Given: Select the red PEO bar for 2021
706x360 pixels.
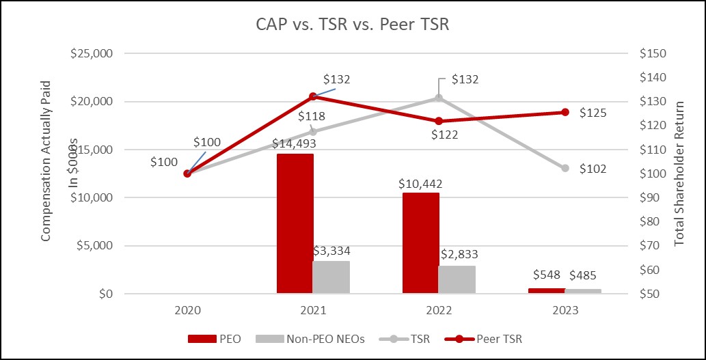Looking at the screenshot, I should tap(295, 223).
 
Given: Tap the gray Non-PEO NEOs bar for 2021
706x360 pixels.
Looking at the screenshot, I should tap(331, 277).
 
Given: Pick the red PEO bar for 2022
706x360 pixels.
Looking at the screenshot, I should tap(421, 243).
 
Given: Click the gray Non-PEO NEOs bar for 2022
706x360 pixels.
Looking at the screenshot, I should tap(457, 279).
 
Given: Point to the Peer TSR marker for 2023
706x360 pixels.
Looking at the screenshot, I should tap(565, 112).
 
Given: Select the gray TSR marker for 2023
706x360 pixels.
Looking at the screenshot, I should tap(565, 168).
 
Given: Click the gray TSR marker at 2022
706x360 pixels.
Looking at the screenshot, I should tap(439, 98).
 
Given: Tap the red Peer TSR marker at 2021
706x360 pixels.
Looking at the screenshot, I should tap(313, 96).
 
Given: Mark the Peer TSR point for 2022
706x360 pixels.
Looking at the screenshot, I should tap(439, 121).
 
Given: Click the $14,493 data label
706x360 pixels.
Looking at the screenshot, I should tap(295, 144).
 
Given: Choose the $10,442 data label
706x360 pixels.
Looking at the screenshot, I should tap(420, 184).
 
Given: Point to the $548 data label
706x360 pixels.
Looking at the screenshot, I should tap(547, 276).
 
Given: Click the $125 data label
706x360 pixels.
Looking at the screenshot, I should tap(593, 113).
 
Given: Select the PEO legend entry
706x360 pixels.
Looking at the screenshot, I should tap(213, 338).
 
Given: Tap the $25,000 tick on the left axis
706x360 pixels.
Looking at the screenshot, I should tap(94, 53).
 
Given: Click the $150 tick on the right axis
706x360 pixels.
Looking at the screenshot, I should tap(651, 53).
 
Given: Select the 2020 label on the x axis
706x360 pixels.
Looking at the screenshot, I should tap(187, 309).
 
